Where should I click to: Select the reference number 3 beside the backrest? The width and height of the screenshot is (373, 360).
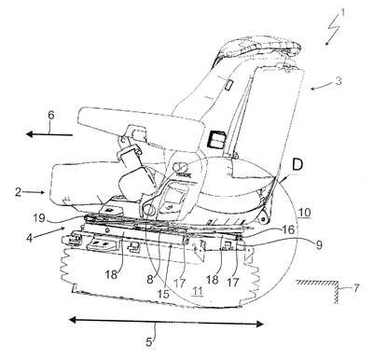338,81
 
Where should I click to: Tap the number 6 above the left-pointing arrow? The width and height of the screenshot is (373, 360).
51,115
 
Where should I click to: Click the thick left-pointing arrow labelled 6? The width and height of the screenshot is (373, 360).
49,134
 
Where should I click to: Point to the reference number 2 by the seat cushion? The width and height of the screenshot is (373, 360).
19,192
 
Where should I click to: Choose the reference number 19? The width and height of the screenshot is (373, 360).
39,218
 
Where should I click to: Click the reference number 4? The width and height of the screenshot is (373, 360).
29,240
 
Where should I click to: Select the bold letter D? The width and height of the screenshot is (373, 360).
297,165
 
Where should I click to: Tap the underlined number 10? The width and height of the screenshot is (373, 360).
305,213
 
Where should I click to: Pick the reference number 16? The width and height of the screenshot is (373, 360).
289,229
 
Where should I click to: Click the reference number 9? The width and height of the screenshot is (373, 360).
318,245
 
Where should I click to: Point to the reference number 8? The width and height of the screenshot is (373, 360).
150,280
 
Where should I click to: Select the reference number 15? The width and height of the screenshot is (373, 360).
163,294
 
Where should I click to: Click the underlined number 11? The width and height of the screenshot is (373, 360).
198,291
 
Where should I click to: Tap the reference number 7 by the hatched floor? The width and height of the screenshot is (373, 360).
355,288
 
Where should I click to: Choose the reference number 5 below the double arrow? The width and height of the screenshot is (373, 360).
149,342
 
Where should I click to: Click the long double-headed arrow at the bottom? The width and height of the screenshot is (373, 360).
166,322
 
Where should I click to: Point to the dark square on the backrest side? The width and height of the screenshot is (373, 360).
217,139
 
